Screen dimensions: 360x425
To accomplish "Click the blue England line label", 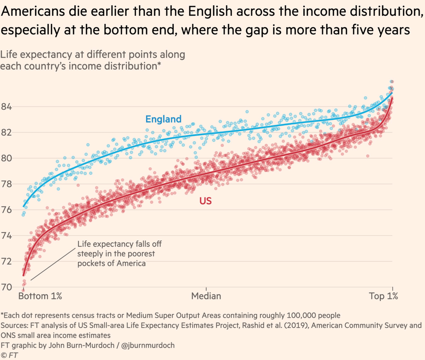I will pyautogui.click(x=163, y=119).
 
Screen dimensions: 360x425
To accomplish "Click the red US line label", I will pyautogui.click(x=205, y=201).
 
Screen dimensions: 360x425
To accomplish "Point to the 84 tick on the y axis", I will pyautogui.click(x=7, y=107).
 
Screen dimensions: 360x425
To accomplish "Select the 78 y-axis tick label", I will pyautogui.click(x=7, y=184).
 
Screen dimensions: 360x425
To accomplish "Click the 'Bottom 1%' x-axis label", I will pyautogui.click(x=40, y=296).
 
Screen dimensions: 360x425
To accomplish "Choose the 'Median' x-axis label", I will pyautogui.click(x=206, y=296).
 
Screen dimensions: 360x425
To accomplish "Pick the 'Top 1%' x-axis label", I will pyautogui.click(x=383, y=296).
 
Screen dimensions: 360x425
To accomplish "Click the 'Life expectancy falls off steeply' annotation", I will pyautogui.click(x=116, y=253).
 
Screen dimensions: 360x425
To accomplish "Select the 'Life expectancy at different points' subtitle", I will pyautogui.click(x=93, y=55).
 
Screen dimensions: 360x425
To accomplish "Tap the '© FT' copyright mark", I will pyautogui.click(x=10, y=355).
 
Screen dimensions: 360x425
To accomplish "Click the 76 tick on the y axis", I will pyautogui.click(x=7, y=210).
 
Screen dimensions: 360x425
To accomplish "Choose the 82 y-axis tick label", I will pyautogui.click(x=7, y=132).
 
